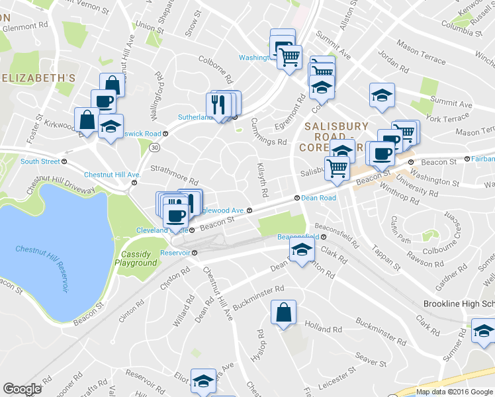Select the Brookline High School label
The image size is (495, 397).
tap(459, 304)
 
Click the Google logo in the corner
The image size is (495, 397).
tap(22, 389)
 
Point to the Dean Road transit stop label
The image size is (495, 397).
tap(319, 197)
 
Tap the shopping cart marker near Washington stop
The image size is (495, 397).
tap(289, 58)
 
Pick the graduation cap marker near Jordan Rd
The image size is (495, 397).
tap(382, 95)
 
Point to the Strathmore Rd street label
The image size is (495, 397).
tap(174, 176)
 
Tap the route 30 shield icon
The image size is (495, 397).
tap(153, 146)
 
